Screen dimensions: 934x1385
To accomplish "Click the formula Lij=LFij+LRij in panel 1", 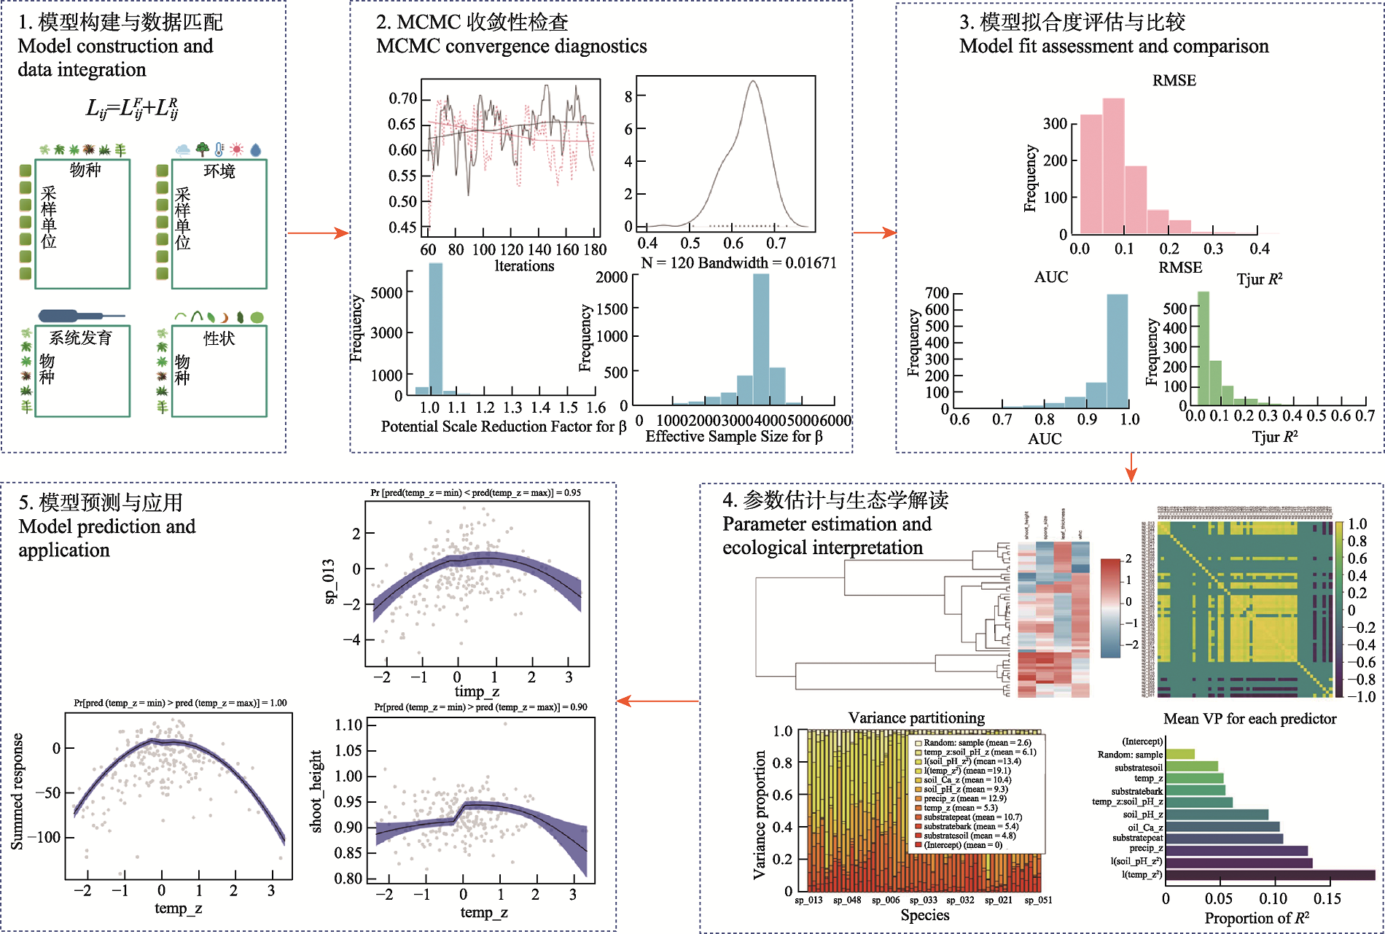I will coord(132,109).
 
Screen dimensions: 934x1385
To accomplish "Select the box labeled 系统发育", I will coord(82,370).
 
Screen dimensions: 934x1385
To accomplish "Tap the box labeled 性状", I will coord(219,370).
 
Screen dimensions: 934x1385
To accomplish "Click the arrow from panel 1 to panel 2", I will coord(318,233).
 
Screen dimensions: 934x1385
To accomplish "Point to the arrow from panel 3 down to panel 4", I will coord(1131,467).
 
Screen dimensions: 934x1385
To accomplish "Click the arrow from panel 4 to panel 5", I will coord(658,701).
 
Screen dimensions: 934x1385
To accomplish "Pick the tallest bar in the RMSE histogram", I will coord(1113,166).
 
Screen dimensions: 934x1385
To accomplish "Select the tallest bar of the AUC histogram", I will coord(1117,351).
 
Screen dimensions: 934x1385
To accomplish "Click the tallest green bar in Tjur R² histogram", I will coord(1203,349).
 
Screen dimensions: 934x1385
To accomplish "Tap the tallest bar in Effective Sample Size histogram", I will coord(760,339).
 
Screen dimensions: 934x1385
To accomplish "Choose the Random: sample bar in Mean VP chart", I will coord(1180,755).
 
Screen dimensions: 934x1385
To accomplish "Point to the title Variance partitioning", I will coord(916,718).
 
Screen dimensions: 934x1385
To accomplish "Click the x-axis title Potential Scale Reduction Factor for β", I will coord(503,427).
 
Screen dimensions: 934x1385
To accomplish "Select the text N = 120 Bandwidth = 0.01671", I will coord(738,262).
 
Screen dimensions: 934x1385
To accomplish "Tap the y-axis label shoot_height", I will coord(316,792).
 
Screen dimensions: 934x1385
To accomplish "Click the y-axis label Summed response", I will coord(17,792).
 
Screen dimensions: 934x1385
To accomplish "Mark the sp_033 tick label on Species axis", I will coord(924,900).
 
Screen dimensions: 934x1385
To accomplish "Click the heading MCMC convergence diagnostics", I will coord(511,47).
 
